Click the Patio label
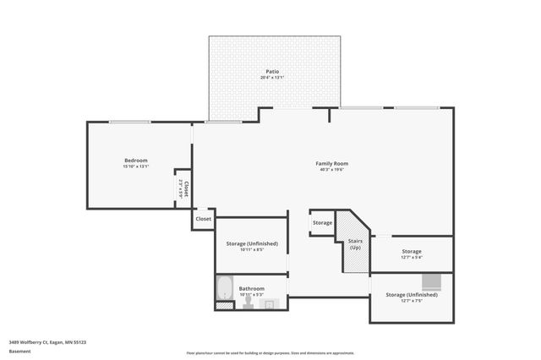(272, 72)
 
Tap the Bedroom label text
(136, 161)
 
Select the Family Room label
(332, 163)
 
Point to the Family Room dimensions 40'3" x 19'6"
(332, 170)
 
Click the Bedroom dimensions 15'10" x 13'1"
(136, 167)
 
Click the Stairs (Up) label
(355, 244)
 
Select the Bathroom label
(251, 288)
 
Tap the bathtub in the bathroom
(224, 288)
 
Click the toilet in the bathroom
(249, 303)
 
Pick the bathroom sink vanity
(270, 303)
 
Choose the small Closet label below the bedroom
(204, 219)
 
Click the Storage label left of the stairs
(322, 223)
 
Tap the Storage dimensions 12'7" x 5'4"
(412, 258)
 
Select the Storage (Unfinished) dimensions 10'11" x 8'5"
(251, 250)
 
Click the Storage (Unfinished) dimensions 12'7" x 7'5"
(412, 301)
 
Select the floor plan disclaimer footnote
(270, 352)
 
